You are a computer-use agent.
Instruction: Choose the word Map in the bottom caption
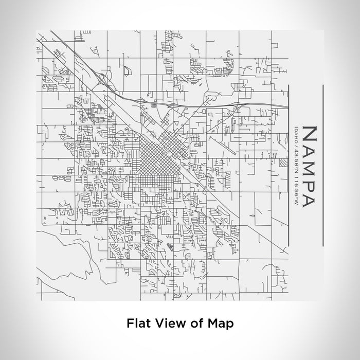[220, 323]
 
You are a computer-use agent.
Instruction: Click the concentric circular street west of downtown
[83, 118]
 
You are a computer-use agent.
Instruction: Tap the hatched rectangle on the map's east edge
[284, 163]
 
